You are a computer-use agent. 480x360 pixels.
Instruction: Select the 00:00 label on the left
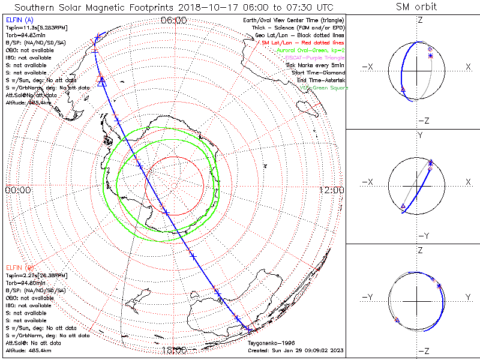17,190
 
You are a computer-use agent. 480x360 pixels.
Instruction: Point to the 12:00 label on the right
332,190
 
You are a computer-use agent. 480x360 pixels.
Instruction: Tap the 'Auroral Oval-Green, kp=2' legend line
310,50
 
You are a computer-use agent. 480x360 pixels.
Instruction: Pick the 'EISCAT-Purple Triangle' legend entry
314,58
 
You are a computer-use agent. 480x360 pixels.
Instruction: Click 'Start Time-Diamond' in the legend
318,73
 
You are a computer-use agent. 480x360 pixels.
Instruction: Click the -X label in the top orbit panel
367,67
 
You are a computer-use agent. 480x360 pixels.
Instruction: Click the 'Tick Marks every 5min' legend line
316,65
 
